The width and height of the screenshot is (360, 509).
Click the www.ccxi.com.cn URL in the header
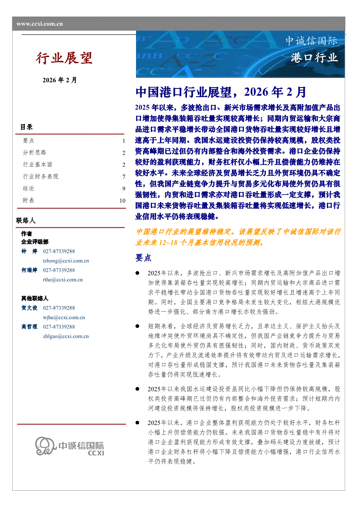pyautogui.click(x=40, y=24)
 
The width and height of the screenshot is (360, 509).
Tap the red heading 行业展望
pyautogui.click(x=64, y=58)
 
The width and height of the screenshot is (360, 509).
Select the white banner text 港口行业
pyautogui.click(x=315, y=57)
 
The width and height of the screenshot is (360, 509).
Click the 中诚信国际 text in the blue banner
pyautogui.click(x=311, y=41)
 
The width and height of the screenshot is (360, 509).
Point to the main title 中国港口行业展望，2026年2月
pyautogui.click(x=221, y=92)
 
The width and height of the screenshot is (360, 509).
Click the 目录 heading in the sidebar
pyautogui.click(x=26, y=127)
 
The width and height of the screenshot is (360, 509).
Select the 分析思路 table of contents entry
pyautogui.click(x=34, y=152)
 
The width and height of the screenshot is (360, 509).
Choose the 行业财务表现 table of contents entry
pyautogui.click(x=41, y=176)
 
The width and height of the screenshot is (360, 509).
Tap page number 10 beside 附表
pyautogui.click(x=122, y=201)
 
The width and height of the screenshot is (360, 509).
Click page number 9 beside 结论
pyautogui.click(x=124, y=189)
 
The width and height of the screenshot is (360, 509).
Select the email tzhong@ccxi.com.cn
pyautogui.click(x=66, y=261)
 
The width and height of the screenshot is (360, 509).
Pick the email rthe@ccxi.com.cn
pyautogui.click(x=63, y=280)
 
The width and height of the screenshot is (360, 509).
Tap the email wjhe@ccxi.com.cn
pyautogui.click(x=64, y=317)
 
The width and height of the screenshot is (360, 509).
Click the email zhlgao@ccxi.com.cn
pyautogui.click(x=66, y=336)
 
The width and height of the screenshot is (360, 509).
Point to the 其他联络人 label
pyautogui.click(x=35, y=298)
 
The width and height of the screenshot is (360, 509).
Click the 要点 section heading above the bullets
pyautogui.click(x=143, y=258)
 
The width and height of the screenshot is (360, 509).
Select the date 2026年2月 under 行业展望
pyautogui.click(x=60, y=80)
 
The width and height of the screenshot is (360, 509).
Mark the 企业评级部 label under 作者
pyautogui.click(x=35, y=242)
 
